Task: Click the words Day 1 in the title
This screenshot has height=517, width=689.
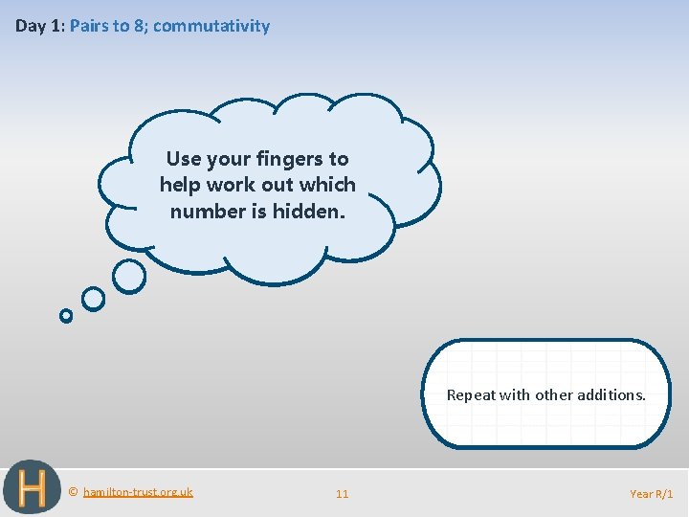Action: click(x=38, y=26)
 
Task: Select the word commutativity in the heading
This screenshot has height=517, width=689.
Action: click(x=211, y=26)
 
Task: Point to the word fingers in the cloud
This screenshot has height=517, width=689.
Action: click(x=278, y=159)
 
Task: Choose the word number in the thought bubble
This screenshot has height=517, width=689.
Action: click(x=205, y=211)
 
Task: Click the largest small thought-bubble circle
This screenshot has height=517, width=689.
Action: click(x=129, y=276)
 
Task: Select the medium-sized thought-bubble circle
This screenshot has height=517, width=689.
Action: click(x=93, y=299)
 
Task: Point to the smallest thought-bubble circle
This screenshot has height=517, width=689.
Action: click(x=66, y=315)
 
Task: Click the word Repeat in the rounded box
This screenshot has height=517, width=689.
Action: click(x=470, y=394)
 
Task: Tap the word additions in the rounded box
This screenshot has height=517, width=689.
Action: click(x=612, y=394)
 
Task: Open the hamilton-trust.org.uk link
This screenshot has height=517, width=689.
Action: click(x=138, y=492)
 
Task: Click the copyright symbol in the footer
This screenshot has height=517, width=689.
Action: click(x=74, y=492)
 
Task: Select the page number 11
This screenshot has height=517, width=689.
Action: click(x=342, y=494)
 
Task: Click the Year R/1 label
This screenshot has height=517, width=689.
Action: click(x=651, y=494)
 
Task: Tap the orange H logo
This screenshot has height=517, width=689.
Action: click(x=32, y=489)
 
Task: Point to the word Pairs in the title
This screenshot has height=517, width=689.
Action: click(x=90, y=26)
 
